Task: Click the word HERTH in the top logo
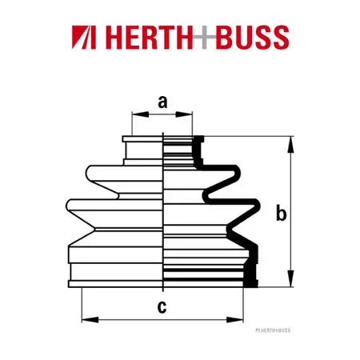(150, 37)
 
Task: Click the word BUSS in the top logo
(252, 37)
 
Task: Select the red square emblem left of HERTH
(84, 37)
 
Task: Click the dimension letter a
(162, 102)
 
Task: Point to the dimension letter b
(281, 213)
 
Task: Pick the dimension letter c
(162, 306)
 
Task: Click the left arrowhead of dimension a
(140, 114)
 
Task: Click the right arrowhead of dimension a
(184, 114)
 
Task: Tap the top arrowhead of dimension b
(290, 145)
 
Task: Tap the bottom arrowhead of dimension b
(290, 278)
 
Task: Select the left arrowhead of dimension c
(90, 319)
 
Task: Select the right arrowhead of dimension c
(234, 319)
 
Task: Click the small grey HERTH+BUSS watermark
(273, 330)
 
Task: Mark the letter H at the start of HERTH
(115, 38)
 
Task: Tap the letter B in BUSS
(225, 38)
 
